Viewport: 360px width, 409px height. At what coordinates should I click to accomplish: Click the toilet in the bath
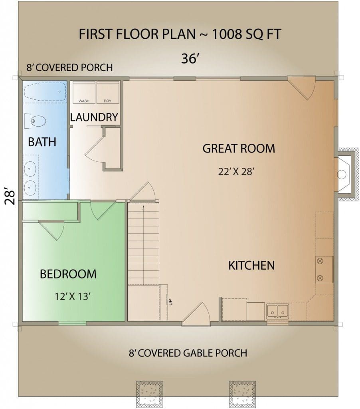point(35,121)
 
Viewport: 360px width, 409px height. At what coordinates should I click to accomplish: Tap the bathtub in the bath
point(45,92)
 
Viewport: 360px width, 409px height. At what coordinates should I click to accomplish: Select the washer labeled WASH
point(84,92)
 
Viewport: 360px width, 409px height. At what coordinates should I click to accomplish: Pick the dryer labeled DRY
point(108,92)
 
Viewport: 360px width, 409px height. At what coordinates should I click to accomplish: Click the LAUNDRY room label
point(94,117)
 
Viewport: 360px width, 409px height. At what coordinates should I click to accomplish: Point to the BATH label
point(42,142)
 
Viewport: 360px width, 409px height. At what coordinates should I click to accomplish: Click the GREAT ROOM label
point(239,149)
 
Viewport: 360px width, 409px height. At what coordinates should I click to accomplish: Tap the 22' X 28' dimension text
point(236,171)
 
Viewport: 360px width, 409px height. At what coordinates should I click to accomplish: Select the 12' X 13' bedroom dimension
point(73,296)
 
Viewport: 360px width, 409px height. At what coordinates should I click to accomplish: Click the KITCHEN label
point(251,266)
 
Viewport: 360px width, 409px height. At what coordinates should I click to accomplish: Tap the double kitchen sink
point(277,311)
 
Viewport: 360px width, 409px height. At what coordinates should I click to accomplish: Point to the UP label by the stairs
point(171,302)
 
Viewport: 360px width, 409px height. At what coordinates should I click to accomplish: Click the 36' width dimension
point(190,58)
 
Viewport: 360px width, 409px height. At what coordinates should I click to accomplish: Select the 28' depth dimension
point(10,196)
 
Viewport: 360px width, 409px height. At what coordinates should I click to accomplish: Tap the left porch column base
point(150,394)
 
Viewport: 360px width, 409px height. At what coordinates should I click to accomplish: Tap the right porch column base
point(242,394)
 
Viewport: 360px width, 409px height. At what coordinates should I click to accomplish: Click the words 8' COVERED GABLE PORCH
point(188,353)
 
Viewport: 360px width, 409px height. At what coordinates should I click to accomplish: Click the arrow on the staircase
point(143,245)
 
